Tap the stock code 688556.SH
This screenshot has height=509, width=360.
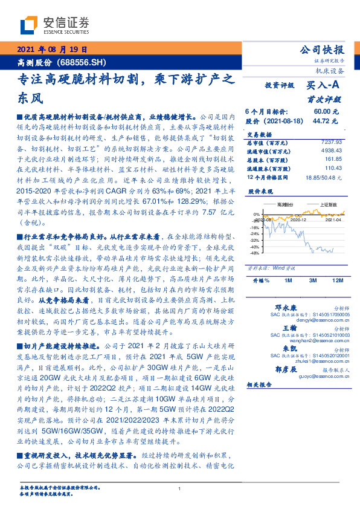(82, 62)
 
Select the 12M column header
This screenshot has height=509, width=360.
(338, 281)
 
